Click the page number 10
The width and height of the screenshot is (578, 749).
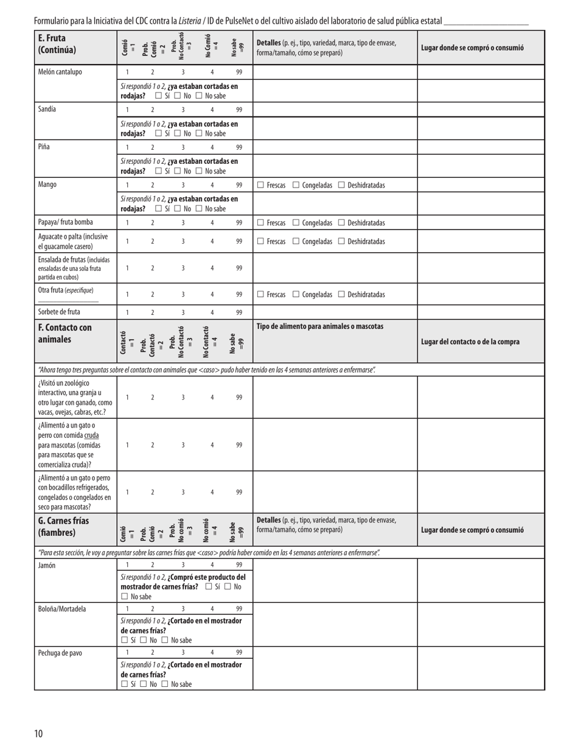coord(39,733)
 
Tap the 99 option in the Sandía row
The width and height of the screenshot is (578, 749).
coord(239,110)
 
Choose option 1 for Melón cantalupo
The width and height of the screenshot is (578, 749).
coord(127,72)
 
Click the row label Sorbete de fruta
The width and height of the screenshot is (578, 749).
coord(59,312)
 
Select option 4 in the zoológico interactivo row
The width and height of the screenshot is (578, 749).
coord(212,398)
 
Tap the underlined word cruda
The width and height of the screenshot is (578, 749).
coord(91,435)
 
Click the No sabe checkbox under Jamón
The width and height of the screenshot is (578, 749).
coord(125,596)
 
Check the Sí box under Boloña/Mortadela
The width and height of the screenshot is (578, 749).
coord(125,640)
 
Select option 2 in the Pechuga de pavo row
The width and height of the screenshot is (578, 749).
coord(152,653)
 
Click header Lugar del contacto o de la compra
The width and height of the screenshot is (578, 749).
coord(470,342)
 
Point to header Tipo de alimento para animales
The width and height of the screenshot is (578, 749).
coord(320,326)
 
